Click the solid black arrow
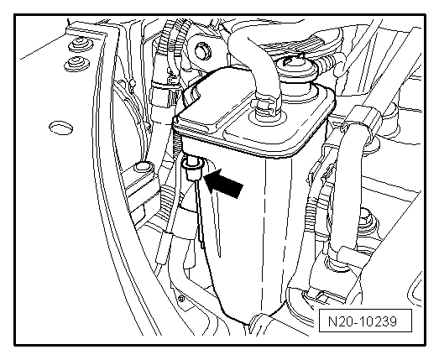click(x=223, y=183)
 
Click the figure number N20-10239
click(x=363, y=321)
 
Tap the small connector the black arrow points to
click(x=191, y=169)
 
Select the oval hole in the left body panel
click(x=60, y=128)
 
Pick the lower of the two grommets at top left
click(x=76, y=64)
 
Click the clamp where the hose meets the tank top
click(x=264, y=107)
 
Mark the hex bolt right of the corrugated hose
click(x=366, y=217)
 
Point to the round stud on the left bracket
click(x=144, y=167)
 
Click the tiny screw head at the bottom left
click(x=181, y=299)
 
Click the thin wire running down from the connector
click(x=199, y=213)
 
